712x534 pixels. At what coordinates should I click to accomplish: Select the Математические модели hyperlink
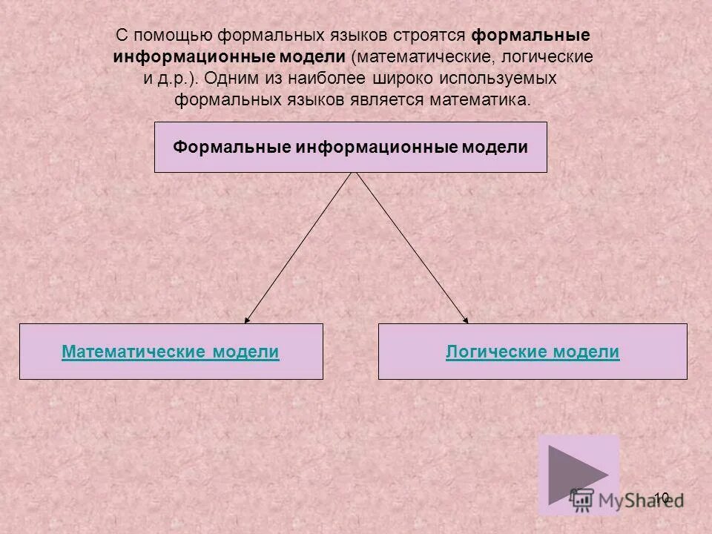(171, 352)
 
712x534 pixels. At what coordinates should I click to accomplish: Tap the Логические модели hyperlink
(533, 352)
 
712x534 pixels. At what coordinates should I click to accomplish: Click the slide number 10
(662, 498)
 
